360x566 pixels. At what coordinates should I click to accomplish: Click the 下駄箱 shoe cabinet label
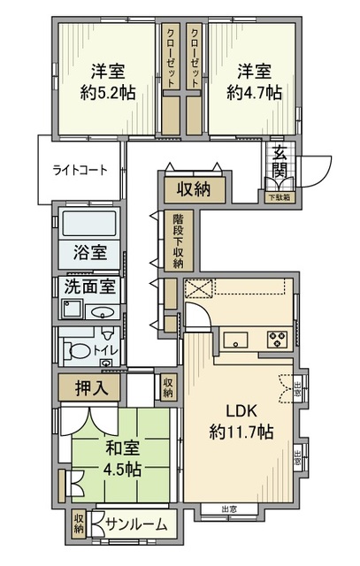pos(280,196)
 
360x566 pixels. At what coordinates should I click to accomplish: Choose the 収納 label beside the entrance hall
pos(194,188)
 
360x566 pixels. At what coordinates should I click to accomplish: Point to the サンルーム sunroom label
pos(136,524)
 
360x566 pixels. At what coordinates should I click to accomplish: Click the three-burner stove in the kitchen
pos(276,339)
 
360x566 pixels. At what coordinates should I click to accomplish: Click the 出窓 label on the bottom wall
pos(227,509)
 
